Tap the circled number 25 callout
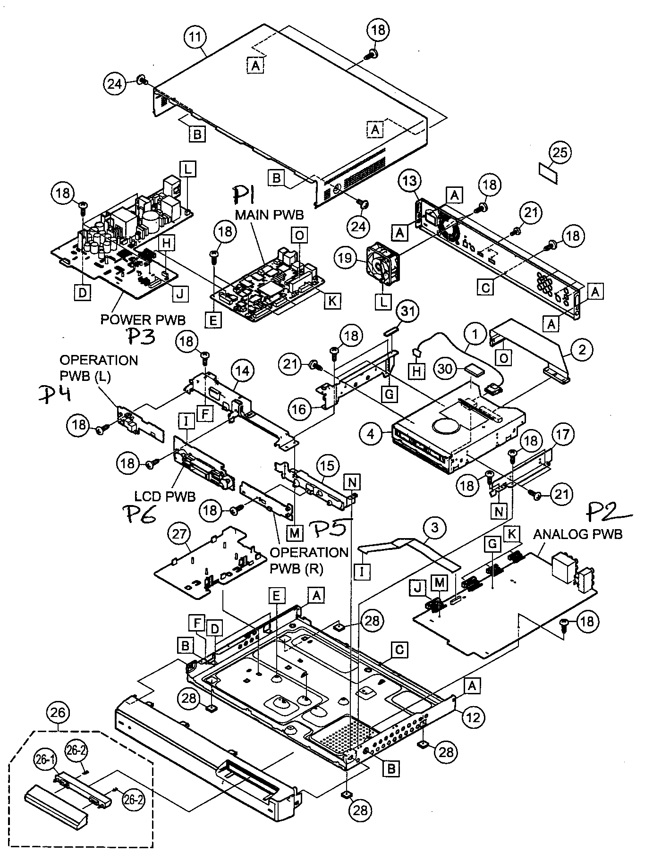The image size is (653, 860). [x=560, y=152]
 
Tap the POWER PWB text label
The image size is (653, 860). [x=143, y=320]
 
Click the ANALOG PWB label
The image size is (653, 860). [x=577, y=534]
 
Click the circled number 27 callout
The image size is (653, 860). [x=180, y=535]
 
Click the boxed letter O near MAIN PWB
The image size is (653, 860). [x=299, y=236]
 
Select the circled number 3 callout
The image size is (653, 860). [x=435, y=527]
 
